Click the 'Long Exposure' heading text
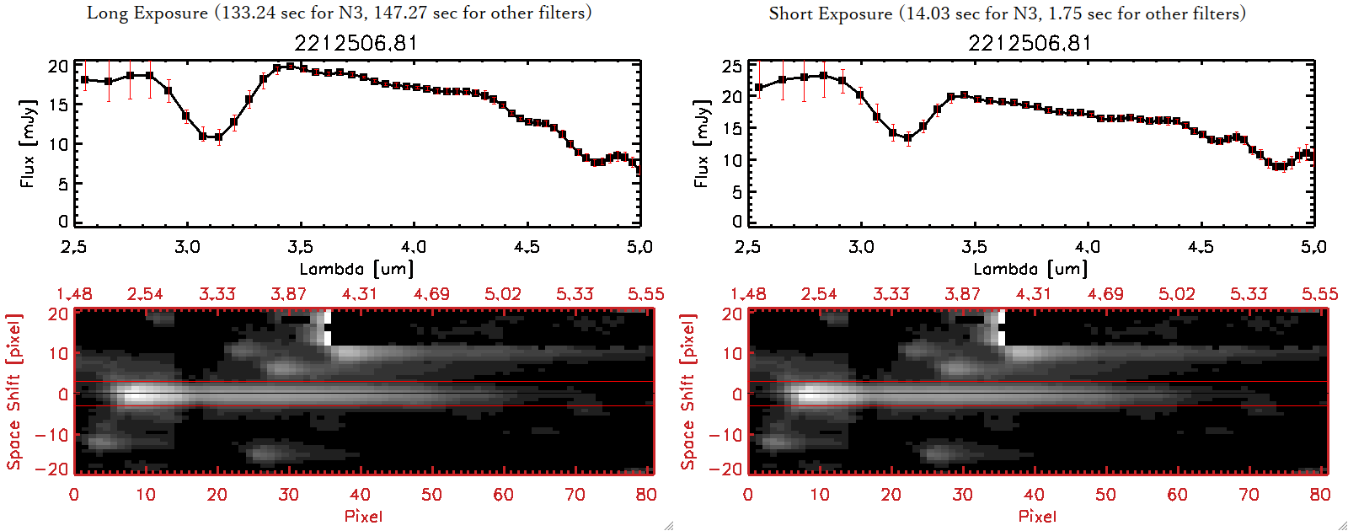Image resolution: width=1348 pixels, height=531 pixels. (147, 13)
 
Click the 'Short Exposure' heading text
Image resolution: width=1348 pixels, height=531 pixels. (830, 13)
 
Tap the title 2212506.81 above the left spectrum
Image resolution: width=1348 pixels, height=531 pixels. (356, 43)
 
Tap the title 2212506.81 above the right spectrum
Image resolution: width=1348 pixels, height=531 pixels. (1030, 43)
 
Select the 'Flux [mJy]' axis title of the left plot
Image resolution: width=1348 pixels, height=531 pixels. (28, 143)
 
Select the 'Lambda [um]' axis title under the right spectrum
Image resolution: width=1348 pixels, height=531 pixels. (1030, 269)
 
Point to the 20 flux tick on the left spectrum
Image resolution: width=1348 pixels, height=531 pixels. (58, 67)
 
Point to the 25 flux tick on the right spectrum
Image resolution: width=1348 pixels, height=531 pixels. (732, 67)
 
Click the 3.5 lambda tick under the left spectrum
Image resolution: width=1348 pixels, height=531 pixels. (300, 247)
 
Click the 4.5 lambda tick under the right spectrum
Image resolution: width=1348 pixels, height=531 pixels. (1201, 247)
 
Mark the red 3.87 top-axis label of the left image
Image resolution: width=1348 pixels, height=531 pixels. (288, 294)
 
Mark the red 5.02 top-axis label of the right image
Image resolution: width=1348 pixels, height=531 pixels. (1176, 294)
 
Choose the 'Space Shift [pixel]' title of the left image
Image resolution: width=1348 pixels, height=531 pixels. (14, 392)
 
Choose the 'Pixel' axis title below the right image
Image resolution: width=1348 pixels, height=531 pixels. (1037, 516)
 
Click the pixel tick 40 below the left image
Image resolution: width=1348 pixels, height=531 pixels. (360, 495)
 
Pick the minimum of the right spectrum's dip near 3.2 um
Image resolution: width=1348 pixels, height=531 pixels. (908, 138)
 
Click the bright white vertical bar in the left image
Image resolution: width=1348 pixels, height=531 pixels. (329, 329)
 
